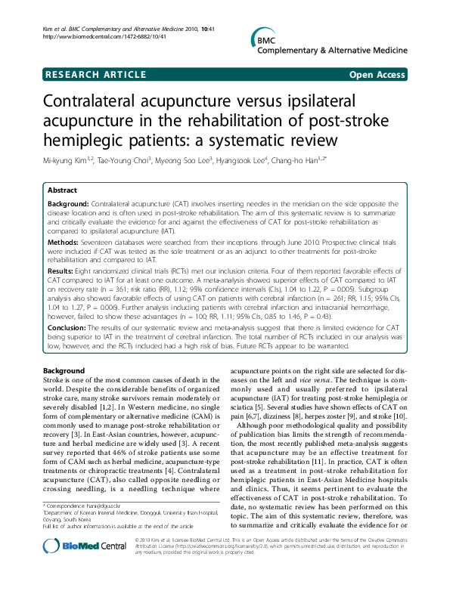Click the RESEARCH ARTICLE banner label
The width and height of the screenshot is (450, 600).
click(x=96, y=75)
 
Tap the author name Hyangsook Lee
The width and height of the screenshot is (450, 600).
click(x=247, y=161)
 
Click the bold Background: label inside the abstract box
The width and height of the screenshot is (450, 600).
click(x=68, y=204)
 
